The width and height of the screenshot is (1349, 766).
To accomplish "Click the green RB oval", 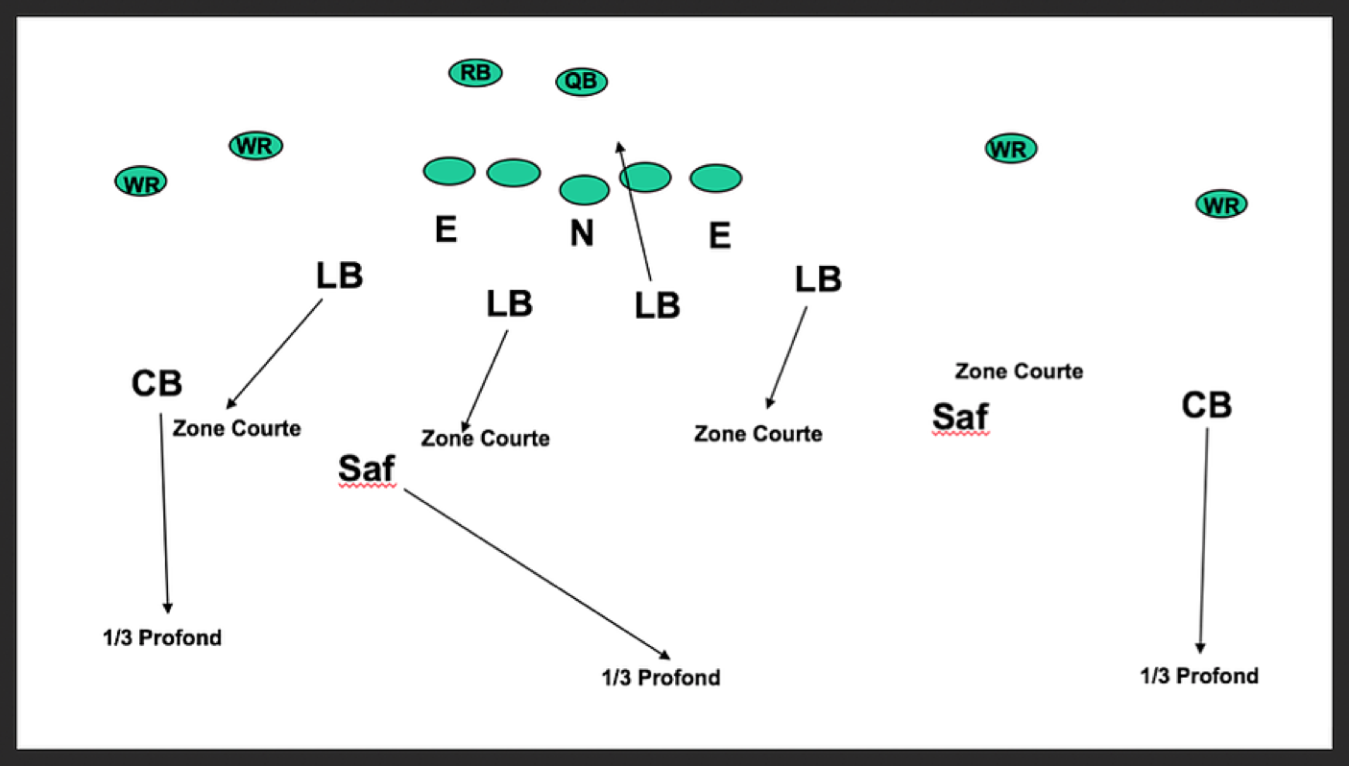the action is [x=475, y=72].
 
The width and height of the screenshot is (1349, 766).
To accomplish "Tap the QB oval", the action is [x=581, y=81].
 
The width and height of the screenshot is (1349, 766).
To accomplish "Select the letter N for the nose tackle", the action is [x=582, y=233].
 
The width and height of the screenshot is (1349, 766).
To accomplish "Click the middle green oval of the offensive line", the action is [x=584, y=190].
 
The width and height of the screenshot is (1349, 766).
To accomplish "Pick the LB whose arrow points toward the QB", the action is [x=658, y=305].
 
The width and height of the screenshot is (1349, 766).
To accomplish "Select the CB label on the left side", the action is [x=157, y=384].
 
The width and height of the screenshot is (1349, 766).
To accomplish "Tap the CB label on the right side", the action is [x=1206, y=405].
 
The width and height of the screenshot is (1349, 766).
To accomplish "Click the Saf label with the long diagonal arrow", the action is [x=367, y=468].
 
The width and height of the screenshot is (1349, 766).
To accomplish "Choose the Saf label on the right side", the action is [x=960, y=417].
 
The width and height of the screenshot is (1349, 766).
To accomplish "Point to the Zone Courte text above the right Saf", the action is [x=1019, y=371].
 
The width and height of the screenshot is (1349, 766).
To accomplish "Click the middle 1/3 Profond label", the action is [x=661, y=678].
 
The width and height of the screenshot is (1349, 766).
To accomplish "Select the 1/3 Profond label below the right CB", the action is [x=1199, y=676].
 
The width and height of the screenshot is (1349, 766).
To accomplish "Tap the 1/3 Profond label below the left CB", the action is [x=162, y=637].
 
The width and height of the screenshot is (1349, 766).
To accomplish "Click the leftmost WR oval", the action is [x=141, y=182].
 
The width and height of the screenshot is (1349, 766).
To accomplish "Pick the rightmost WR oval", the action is [x=1221, y=204].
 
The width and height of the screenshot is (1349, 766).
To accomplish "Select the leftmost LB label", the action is [x=339, y=275].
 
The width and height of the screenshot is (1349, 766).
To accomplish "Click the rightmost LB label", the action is [x=818, y=279].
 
